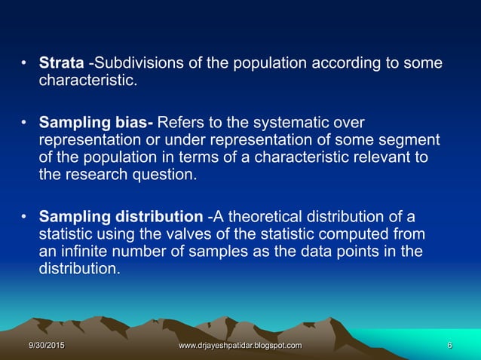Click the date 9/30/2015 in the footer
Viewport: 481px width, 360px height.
point(47,345)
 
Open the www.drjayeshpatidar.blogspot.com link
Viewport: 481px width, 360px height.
point(240,345)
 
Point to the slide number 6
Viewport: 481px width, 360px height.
point(449,345)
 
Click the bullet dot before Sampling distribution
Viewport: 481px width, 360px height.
point(24,217)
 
